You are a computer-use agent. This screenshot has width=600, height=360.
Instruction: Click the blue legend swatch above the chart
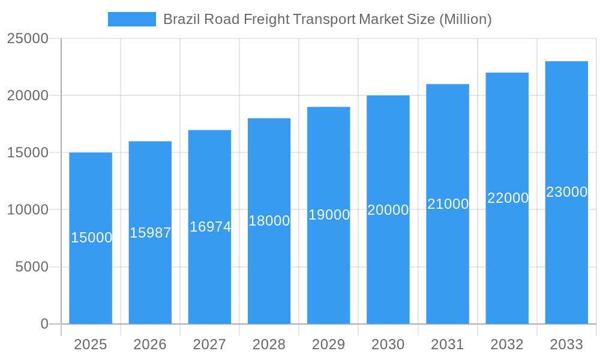point(131,19)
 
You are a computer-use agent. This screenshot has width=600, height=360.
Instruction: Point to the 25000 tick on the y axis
point(28,38)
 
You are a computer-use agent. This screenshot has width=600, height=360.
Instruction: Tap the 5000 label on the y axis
point(32,267)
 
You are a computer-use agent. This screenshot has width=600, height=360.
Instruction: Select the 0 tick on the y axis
point(44,324)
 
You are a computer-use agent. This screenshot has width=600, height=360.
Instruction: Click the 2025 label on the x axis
point(91,344)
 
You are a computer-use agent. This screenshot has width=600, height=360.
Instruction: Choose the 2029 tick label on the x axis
point(328,344)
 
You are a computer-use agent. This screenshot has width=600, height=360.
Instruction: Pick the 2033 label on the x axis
point(566,344)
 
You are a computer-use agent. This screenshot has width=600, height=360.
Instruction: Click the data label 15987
point(151,233)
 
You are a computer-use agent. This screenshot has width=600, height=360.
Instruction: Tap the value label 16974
point(210,227)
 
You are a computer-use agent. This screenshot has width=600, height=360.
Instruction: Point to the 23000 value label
point(566,192)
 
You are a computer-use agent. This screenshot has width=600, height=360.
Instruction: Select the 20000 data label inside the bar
point(388,210)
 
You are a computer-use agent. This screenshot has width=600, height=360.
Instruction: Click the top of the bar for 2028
point(269,119)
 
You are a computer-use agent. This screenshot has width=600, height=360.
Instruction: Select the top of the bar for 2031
point(448,85)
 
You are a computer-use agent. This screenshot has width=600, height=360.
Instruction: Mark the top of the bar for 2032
point(507,73)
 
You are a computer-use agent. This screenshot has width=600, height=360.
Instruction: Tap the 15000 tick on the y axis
point(28,152)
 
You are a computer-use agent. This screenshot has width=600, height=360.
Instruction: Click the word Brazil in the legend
point(181,19)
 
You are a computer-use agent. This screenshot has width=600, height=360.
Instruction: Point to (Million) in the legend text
point(466,19)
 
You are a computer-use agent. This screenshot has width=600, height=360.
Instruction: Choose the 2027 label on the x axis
point(209,344)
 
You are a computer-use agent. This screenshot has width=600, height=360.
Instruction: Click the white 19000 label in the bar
point(329,215)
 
